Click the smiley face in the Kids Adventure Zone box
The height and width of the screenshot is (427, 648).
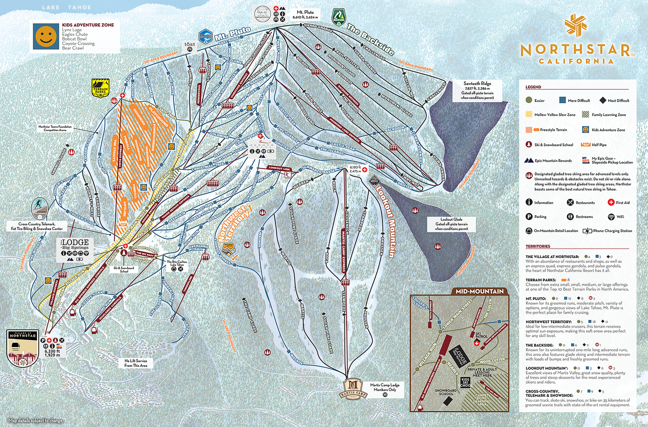(x=46, y=36)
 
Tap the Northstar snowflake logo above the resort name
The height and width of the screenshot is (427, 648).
(x=575, y=25)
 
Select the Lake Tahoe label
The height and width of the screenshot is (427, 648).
(x=66, y=8)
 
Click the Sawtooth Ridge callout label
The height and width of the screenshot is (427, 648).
(x=477, y=90)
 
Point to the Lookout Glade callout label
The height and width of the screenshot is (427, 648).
(x=451, y=224)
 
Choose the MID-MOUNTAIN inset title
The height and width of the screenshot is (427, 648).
(x=479, y=291)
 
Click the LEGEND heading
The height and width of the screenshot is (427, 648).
(x=533, y=87)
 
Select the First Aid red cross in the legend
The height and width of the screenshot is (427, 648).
(x=611, y=203)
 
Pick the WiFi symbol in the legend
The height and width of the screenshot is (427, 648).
(x=611, y=217)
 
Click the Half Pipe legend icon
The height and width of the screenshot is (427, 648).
(x=585, y=145)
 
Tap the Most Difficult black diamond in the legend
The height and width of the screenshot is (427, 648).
(x=602, y=100)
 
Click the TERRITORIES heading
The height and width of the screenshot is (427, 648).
(x=538, y=246)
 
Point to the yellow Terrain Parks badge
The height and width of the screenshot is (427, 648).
(x=100, y=88)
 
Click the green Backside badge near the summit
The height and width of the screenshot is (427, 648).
(x=339, y=17)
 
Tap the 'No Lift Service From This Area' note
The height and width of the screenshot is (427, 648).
(x=136, y=363)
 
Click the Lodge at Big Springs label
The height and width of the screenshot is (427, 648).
(x=75, y=244)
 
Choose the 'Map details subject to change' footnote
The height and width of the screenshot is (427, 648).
(x=36, y=421)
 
